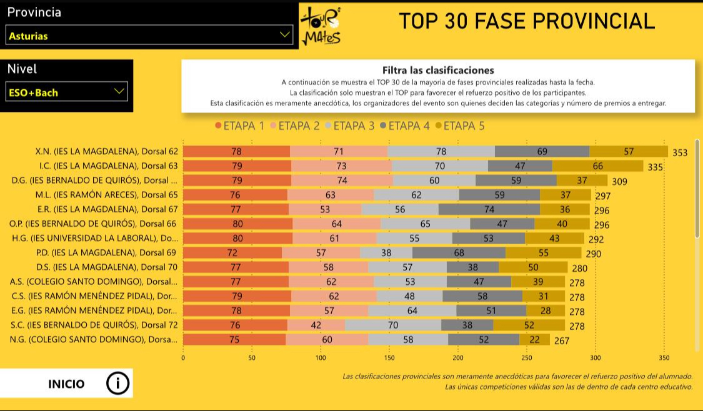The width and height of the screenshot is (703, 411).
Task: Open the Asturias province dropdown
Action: (149, 35)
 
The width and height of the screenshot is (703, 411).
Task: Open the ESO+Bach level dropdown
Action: (67, 92)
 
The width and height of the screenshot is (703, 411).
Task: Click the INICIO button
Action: (66, 384)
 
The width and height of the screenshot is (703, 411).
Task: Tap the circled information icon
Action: (117, 384)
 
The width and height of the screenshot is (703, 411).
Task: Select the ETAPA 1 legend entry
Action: (239, 126)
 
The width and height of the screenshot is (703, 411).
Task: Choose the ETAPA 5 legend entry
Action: (459, 126)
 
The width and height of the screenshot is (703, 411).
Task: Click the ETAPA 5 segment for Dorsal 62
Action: (629, 151)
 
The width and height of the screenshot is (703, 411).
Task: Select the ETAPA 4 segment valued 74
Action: (489, 209)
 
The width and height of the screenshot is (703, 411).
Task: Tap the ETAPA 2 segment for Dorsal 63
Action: (341, 166)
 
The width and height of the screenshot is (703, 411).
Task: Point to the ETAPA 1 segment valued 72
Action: (232, 252)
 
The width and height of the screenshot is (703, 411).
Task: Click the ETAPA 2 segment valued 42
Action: (316, 325)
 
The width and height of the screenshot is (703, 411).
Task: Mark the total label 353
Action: (680, 152)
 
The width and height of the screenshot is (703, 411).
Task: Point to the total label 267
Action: (562, 340)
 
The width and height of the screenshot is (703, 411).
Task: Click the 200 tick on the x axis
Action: (458, 358)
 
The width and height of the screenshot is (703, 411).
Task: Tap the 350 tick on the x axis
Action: (664, 358)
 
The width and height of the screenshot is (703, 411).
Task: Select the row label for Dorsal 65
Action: (107, 194)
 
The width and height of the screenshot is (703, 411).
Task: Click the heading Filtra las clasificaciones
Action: (438, 71)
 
